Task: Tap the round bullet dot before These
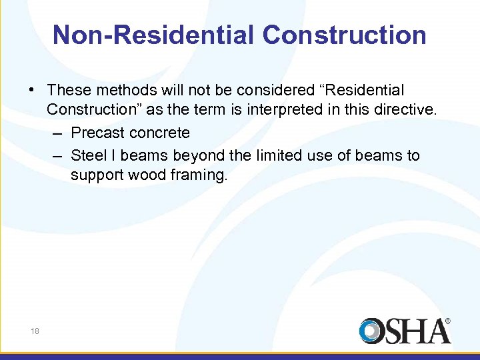[x=33, y=91]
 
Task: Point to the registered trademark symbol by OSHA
[x=447, y=321]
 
